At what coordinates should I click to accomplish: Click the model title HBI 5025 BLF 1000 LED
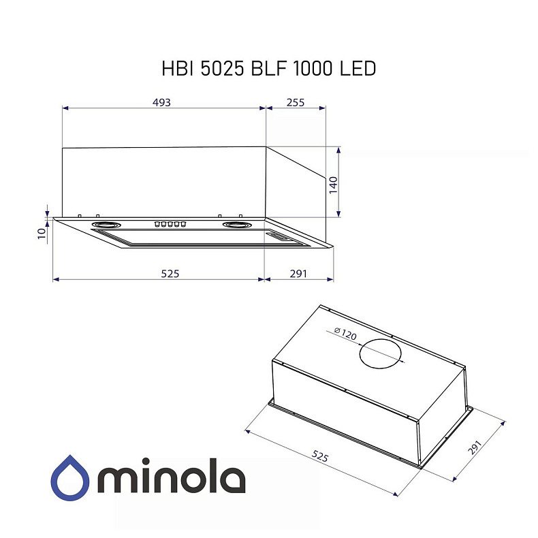[x=268, y=69]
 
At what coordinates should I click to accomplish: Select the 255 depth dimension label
[x=295, y=102]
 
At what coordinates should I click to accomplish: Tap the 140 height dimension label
[x=333, y=185]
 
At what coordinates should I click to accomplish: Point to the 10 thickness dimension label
[x=42, y=234]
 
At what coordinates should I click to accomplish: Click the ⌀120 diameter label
[x=347, y=334]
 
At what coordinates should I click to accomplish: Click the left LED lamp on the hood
[x=106, y=225]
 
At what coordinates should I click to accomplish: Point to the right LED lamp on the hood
[x=235, y=225]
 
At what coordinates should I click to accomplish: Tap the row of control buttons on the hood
[x=170, y=224]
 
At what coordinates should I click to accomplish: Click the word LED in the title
[x=357, y=69]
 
